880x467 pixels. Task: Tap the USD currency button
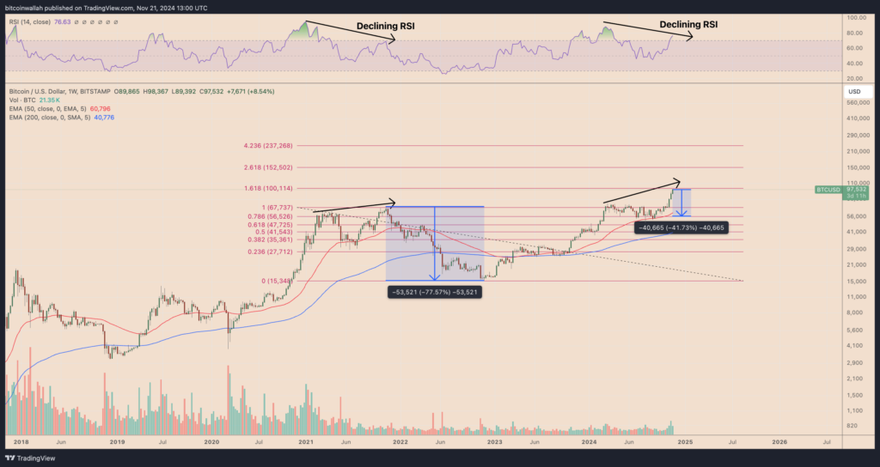(x=854, y=91)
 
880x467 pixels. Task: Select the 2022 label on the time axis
(x=400, y=442)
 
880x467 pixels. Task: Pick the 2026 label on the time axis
(x=779, y=442)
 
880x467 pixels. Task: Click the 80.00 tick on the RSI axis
(x=856, y=33)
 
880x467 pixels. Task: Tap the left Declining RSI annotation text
(x=386, y=26)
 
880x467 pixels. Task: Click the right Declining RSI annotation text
(x=688, y=25)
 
